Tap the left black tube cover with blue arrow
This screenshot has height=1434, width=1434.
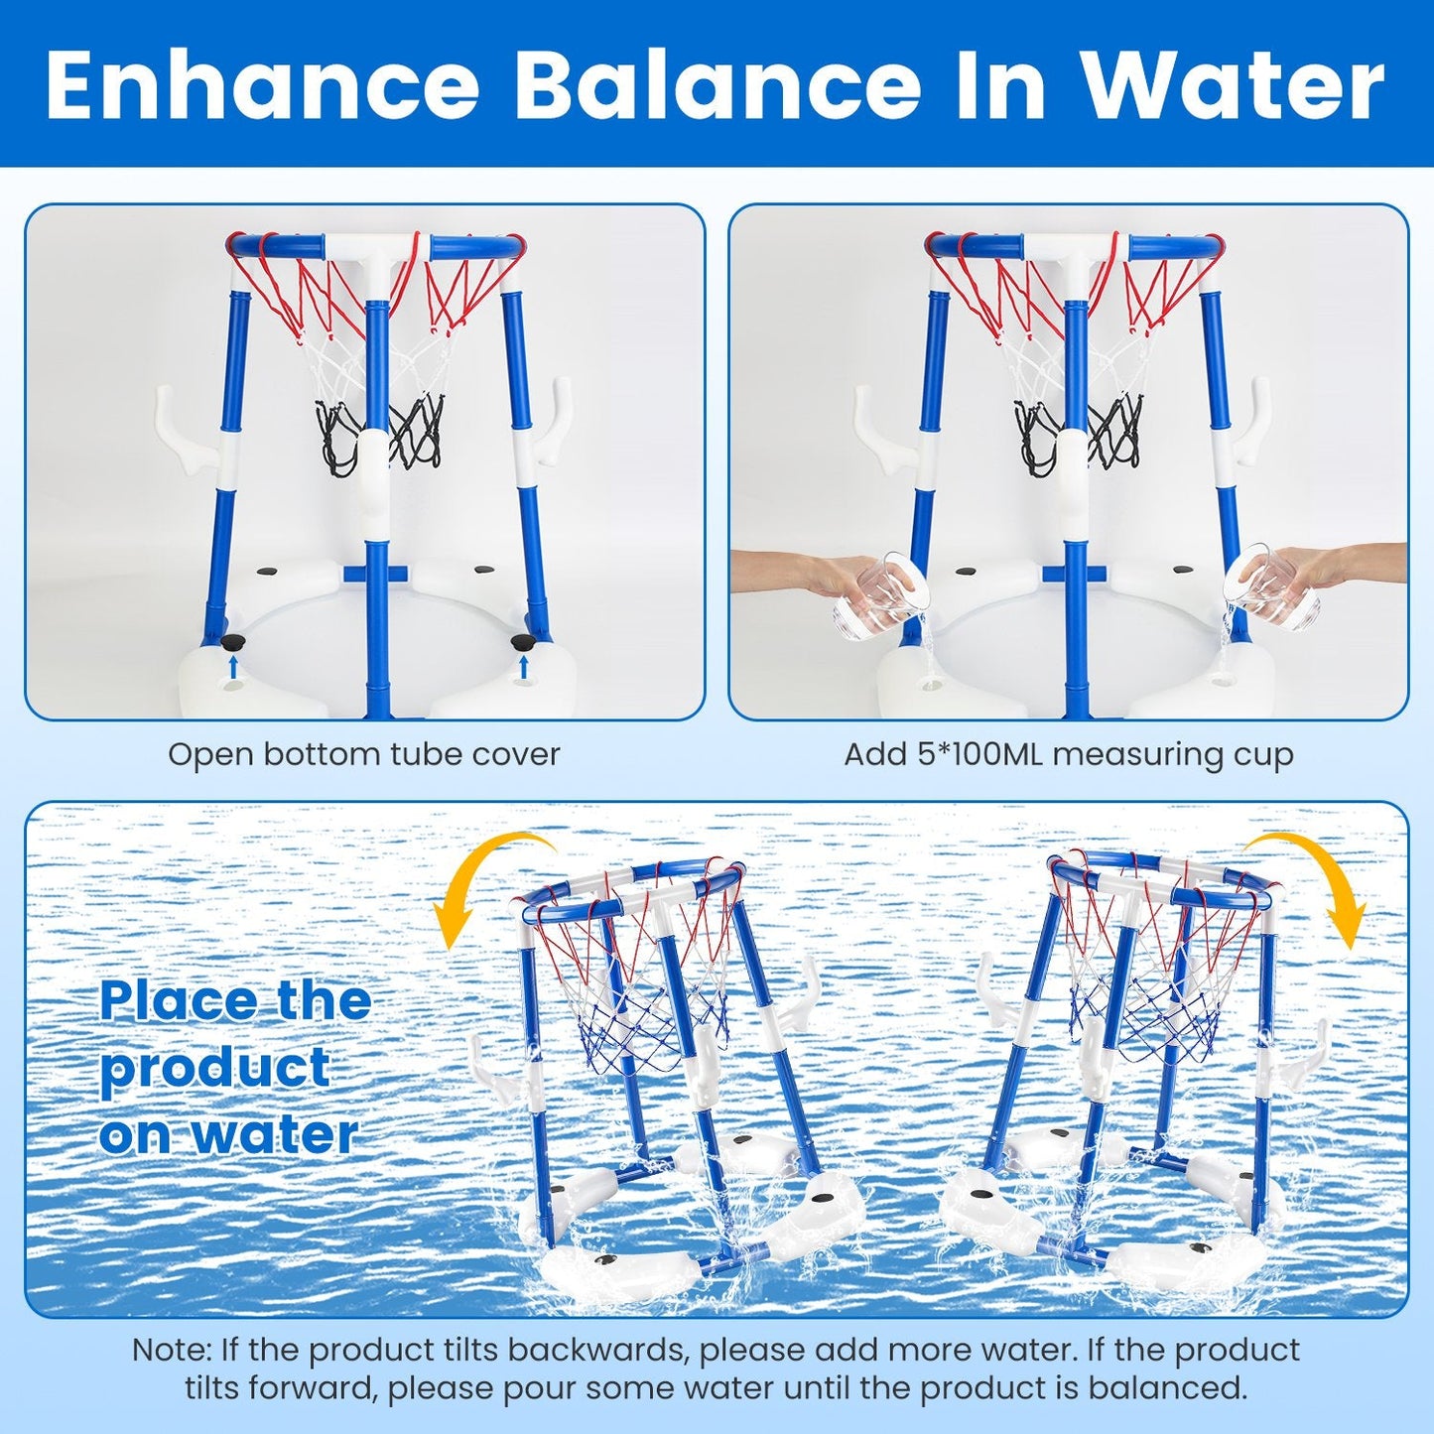tap(234, 643)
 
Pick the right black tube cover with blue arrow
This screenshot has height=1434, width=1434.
tap(522, 643)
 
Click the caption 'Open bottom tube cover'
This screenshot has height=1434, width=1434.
tap(363, 754)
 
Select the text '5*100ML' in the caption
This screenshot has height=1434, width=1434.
tap(977, 754)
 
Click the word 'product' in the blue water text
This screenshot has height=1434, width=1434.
tap(215, 1068)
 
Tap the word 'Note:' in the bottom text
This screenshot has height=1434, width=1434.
tap(172, 1350)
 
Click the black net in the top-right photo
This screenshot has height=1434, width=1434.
tap(1077, 432)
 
